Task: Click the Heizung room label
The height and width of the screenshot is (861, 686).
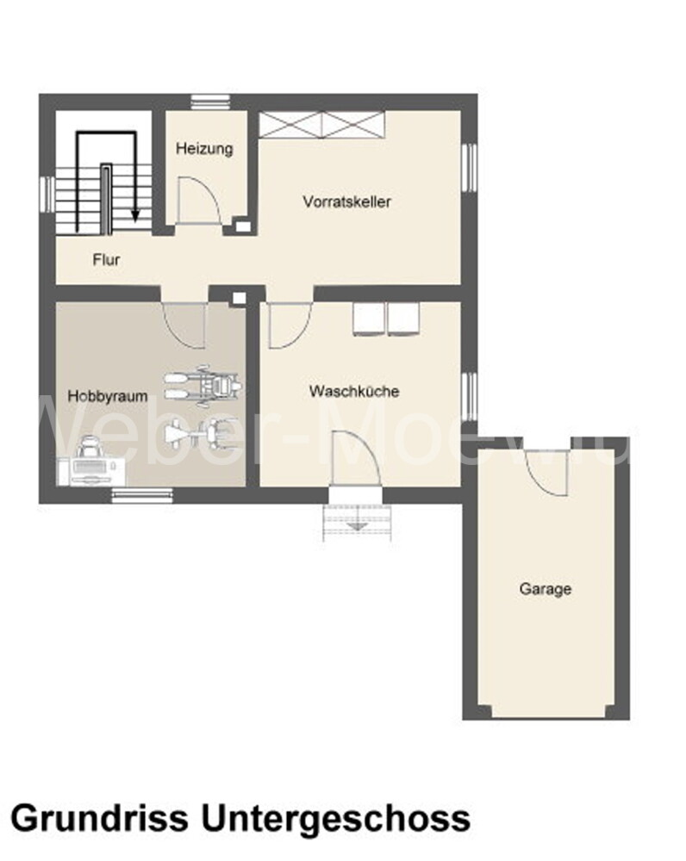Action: (204, 148)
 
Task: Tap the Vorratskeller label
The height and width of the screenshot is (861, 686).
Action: (347, 201)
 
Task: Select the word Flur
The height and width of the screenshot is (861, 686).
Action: (107, 259)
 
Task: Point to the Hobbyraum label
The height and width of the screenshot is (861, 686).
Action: (108, 396)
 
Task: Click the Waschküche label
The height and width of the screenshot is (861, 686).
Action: (354, 391)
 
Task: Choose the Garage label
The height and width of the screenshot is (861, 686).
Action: (546, 589)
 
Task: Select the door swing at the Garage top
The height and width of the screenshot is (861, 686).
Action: (546, 471)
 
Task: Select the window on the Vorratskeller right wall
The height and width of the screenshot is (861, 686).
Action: (470, 165)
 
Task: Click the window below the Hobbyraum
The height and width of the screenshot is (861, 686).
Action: (141, 494)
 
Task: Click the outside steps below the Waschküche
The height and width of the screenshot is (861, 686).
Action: (359, 521)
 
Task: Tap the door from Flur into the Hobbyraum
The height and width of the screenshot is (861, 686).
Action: (184, 323)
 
